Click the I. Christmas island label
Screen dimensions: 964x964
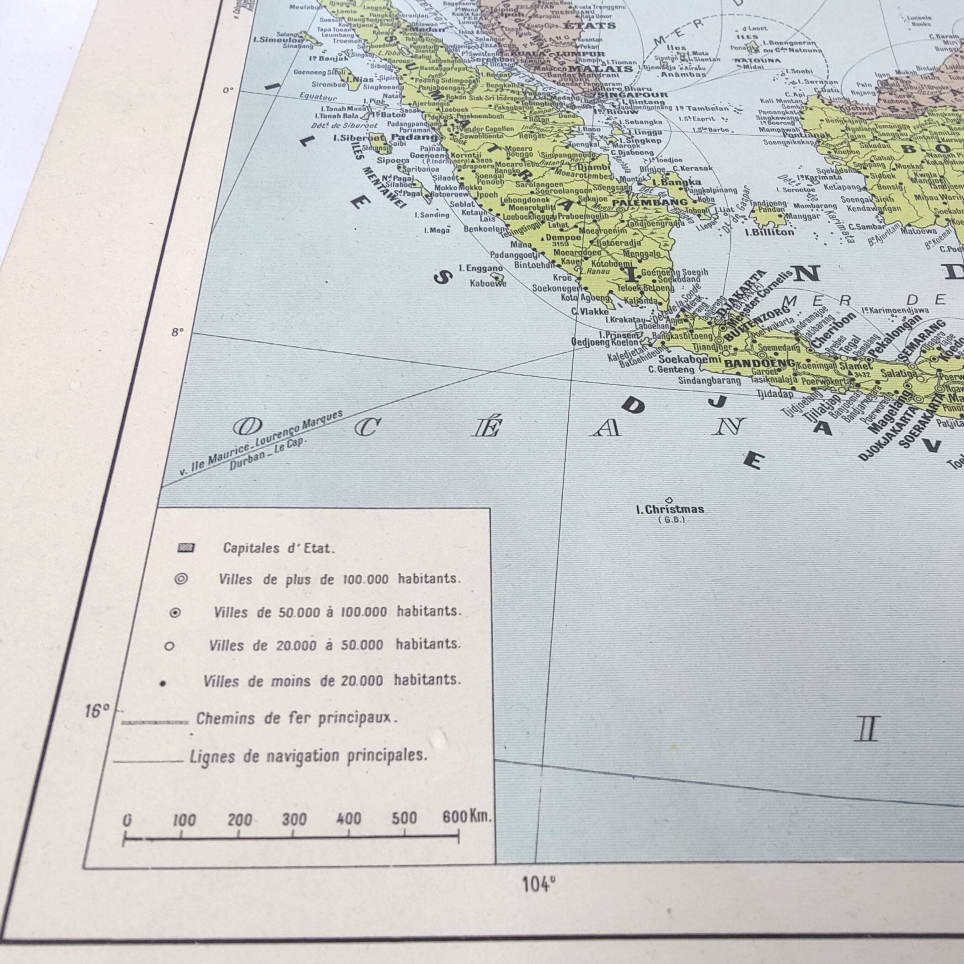coord(670,509)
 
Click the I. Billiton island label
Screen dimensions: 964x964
coord(769,232)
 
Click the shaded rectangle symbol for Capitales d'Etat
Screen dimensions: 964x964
coord(186,548)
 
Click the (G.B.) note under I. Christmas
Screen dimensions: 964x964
coord(671,520)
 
